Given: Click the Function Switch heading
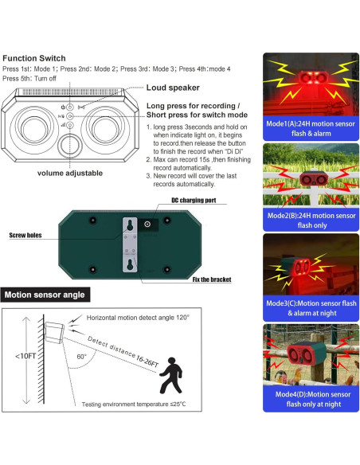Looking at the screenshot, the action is (34, 58).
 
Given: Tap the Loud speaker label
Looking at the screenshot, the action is (173, 88).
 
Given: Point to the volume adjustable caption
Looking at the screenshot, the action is (70, 174).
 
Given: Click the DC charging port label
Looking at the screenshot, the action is (194, 200).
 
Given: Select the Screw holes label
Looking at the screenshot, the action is (25, 235).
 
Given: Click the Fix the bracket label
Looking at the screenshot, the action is (212, 279).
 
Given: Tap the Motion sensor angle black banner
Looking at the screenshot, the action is (45, 295).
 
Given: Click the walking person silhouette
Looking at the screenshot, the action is (170, 376).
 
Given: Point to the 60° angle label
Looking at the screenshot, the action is (81, 357).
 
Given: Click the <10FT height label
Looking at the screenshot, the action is (25, 356).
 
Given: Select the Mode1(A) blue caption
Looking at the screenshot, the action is (311, 128).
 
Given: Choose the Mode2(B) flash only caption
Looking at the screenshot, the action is (311, 220).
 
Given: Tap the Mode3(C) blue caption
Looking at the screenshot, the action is (311, 308).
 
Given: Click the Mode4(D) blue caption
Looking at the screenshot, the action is (311, 399).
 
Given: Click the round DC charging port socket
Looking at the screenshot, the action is (147, 225).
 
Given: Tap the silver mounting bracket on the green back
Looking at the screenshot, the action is (130, 244).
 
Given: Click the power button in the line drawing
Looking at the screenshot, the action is (70, 107).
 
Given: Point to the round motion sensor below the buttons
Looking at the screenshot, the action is (70, 145).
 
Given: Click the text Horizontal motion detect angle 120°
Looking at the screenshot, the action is (138, 318).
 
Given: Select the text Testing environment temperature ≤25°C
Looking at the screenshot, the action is (134, 404).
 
